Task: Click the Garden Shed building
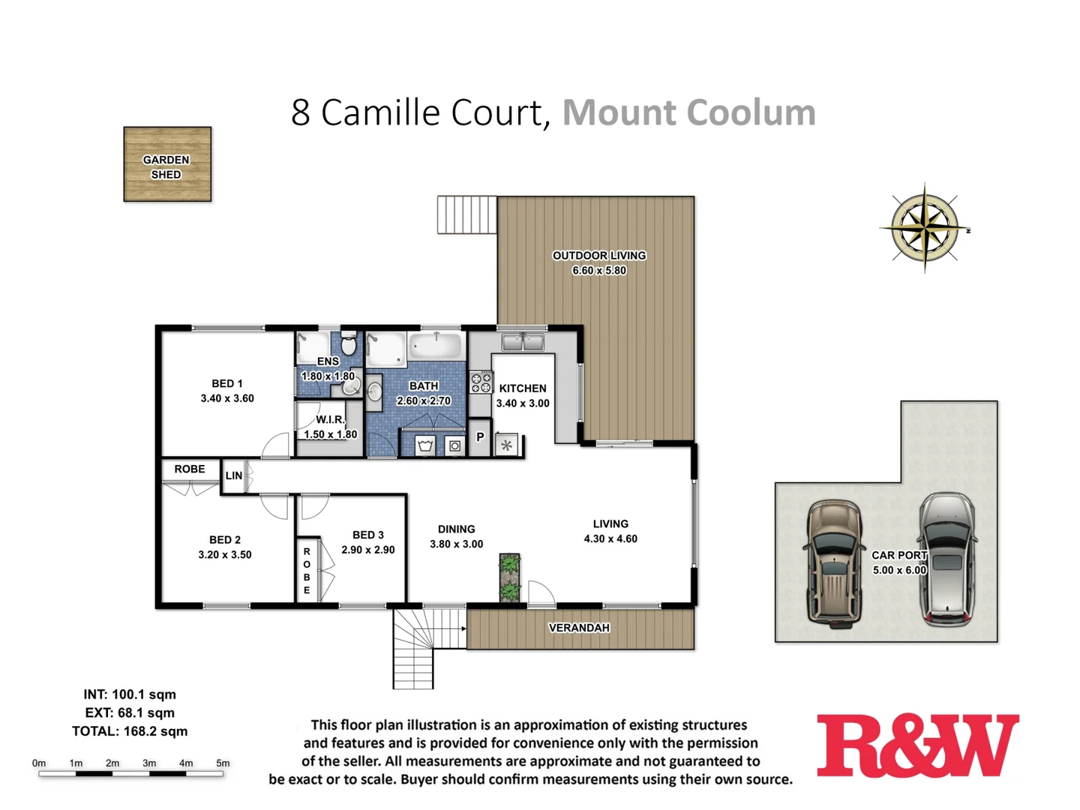coord(167,164)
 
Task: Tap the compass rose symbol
coord(925,226)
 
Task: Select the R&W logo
coord(917,745)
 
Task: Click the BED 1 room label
coord(227,383)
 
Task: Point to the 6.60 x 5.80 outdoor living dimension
coord(598,271)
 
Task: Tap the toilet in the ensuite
coord(348,344)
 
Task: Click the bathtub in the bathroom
coord(436,346)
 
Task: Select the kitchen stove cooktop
coord(481,383)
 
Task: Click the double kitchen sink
coord(523,343)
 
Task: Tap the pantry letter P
coord(480,436)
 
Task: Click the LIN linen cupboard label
coord(234,475)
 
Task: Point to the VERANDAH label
coord(579,628)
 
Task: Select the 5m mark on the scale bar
coord(223,763)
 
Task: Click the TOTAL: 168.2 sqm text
coord(130,731)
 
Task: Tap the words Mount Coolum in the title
coord(688,112)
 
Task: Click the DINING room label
coord(456,529)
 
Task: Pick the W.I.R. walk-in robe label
coord(330,419)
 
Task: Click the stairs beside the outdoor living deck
coord(466,215)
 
